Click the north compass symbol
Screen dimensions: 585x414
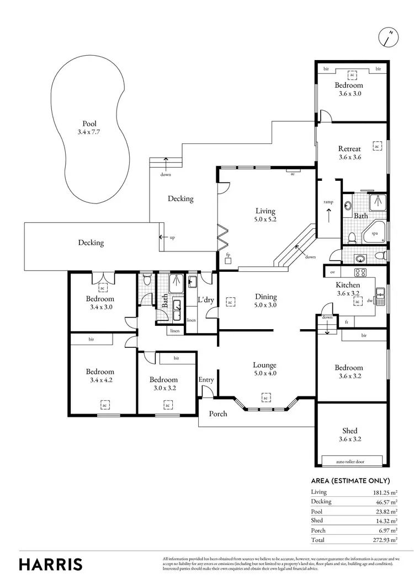[x=389, y=37]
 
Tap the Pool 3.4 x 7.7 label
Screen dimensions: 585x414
[x=89, y=128]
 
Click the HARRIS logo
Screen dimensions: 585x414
[x=51, y=564]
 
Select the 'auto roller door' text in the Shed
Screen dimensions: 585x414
[x=351, y=461]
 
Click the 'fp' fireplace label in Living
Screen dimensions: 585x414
[x=227, y=255]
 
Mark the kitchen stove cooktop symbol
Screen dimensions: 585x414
[x=360, y=272]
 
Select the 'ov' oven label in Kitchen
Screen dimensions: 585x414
[x=332, y=272]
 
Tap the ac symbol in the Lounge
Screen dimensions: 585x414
[x=265, y=398]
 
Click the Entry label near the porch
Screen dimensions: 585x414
[x=206, y=379]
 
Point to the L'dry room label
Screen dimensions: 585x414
[x=206, y=300]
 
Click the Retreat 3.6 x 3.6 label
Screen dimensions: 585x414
[x=349, y=153]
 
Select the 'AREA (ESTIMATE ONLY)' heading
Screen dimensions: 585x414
[x=351, y=481]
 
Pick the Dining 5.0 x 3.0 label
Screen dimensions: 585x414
[x=265, y=300]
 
